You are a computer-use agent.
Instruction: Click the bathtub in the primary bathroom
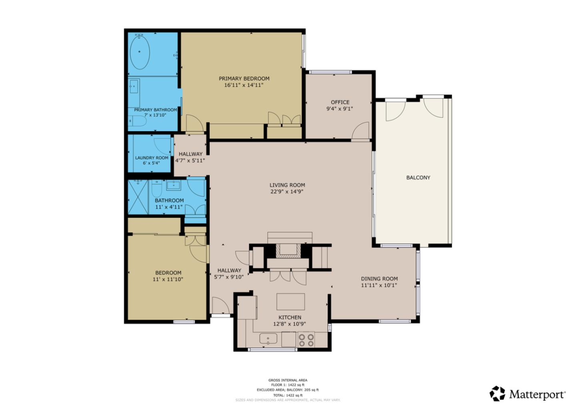coord(140,52)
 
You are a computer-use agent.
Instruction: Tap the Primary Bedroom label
coord(244,78)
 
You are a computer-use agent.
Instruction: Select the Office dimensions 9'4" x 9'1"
coord(340,109)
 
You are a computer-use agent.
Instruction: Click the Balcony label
coord(418,178)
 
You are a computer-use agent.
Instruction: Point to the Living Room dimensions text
coord(287,192)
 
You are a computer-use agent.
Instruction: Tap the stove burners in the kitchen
coord(306,340)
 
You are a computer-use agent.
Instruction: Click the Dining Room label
coord(379,279)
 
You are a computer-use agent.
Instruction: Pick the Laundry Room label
coord(152,158)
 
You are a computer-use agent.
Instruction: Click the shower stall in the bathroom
coord(138,197)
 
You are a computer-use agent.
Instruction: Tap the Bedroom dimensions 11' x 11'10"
coord(168,279)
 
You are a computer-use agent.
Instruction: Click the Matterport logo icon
coord(497,393)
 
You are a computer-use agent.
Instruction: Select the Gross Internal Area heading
coord(288,380)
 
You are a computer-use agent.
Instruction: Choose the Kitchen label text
coord(290,317)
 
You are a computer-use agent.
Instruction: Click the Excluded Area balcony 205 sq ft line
coord(288,390)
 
